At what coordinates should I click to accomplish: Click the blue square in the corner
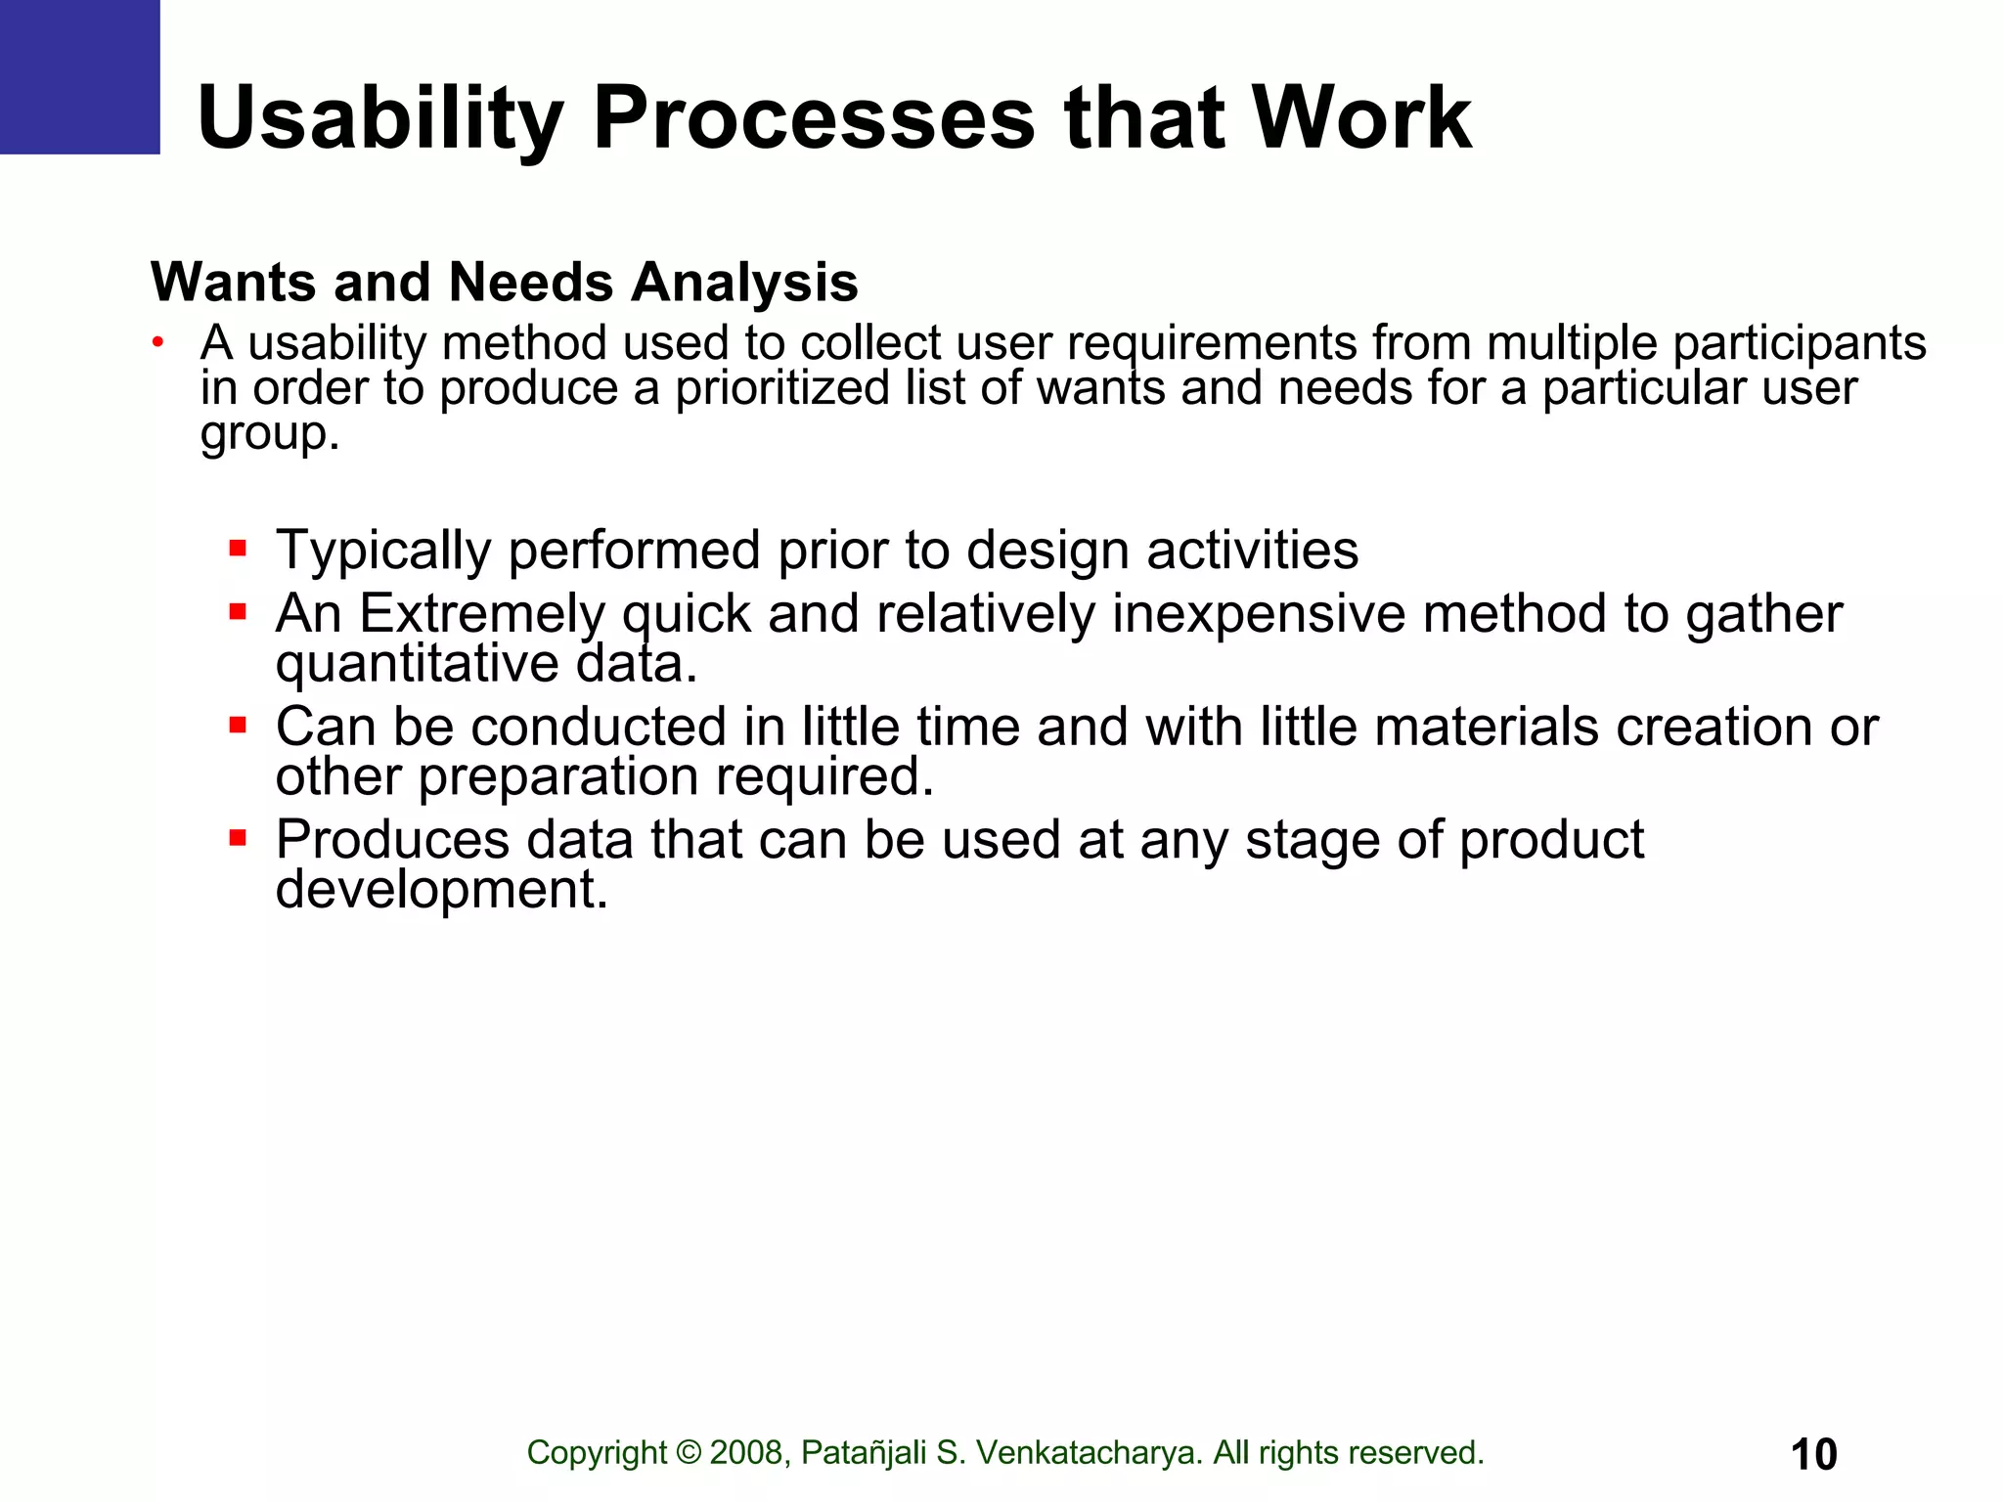[x=79, y=76]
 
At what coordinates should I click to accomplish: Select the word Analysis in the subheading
[x=744, y=283]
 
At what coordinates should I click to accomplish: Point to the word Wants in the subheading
[x=233, y=283]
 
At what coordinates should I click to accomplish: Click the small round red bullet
[x=156, y=342]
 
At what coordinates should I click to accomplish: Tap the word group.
[x=269, y=433]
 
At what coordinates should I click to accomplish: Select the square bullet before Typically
[x=238, y=548]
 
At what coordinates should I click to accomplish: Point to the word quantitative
[x=416, y=664]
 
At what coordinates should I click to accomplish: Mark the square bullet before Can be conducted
[x=238, y=725]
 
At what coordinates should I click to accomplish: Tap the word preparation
[x=557, y=777]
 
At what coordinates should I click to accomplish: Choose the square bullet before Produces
[x=238, y=838]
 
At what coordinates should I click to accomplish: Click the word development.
[x=441, y=890]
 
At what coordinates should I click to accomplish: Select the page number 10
[x=1813, y=1454]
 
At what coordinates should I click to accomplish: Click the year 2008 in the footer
[x=749, y=1453]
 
